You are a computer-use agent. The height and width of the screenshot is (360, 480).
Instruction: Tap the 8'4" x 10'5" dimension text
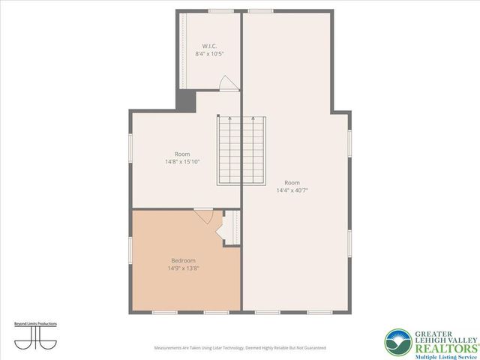pyautogui.click(x=209, y=54)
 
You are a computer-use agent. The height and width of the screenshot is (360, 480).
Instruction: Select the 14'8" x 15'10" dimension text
pyautogui.click(x=183, y=161)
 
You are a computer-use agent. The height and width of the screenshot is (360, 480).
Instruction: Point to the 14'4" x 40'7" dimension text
pyautogui.click(x=292, y=190)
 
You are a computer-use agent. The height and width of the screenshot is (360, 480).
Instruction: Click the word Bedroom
pyautogui.click(x=183, y=261)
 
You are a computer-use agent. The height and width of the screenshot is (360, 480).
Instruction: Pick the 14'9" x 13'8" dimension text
pyautogui.click(x=183, y=268)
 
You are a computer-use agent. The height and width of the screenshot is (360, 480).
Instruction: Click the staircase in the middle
pyautogui.click(x=241, y=150)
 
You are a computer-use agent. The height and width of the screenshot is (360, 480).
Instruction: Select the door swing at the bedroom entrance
pyautogui.click(x=205, y=217)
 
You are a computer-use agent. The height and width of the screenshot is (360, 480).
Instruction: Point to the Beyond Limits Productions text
pyautogui.click(x=35, y=324)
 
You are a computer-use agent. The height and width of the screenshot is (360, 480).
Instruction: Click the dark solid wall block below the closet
pyautogui.click(x=185, y=100)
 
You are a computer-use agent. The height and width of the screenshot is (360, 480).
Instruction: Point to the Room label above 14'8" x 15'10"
pyautogui.click(x=183, y=153)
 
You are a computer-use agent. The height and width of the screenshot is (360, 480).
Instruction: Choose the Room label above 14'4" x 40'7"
pyautogui.click(x=292, y=182)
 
